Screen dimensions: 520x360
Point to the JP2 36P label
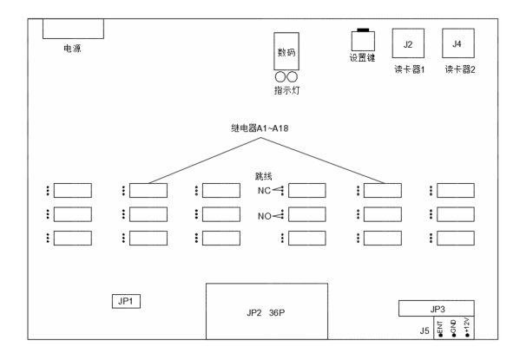coord(266,313)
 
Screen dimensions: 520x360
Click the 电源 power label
coord(72,49)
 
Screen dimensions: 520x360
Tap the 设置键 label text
coord(362,58)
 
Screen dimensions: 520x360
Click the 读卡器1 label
coord(409,69)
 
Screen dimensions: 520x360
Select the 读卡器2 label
coord(460,69)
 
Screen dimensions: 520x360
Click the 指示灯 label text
coord(286,90)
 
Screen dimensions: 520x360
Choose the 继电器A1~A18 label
coord(260,128)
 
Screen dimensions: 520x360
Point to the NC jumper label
coord(264,191)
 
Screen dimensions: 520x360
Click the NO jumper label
coord(265,216)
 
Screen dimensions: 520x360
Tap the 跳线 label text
coord(264,176)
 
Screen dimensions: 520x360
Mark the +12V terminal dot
coord(467,336)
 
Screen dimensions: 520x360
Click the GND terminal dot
coord(454,336)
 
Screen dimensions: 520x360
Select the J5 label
coord(425,331)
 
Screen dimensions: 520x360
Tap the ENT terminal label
coord(440,327)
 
